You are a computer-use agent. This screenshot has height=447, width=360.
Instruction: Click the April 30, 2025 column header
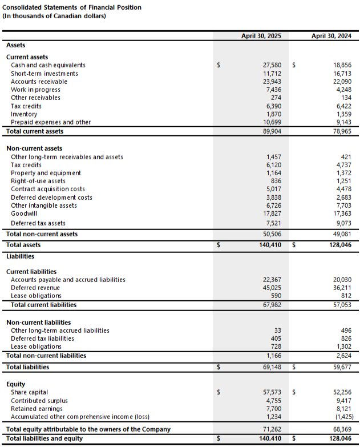click(261, 35)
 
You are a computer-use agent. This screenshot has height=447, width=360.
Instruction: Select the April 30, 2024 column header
click(331, 35)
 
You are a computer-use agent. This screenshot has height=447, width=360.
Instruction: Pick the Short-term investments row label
click(45, 74)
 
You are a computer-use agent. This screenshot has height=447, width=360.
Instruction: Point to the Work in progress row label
click(35, 90)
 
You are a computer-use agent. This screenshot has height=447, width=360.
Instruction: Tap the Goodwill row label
click(24, 214)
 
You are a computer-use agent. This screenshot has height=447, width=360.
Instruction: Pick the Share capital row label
click(30, 392)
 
